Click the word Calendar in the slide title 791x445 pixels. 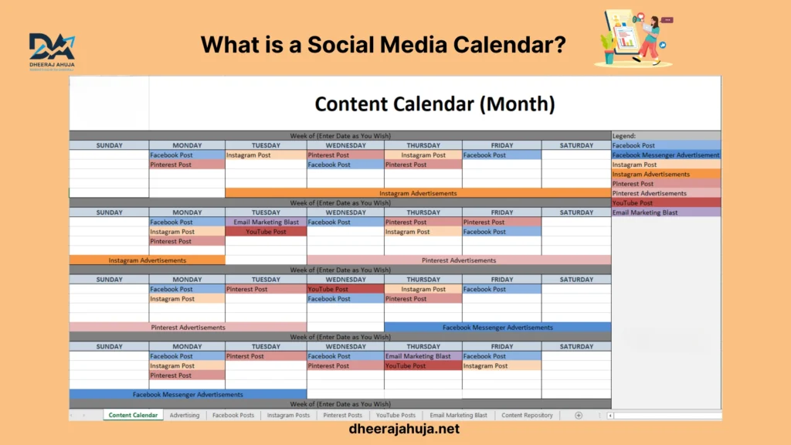click(x=510, y=44)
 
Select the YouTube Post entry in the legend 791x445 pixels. click(x=666, y=203)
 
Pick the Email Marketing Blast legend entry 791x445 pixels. click(x=666, y=212)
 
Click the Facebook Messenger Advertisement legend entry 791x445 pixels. click(x=666, y=155)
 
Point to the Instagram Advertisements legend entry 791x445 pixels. click(x=666, y=174)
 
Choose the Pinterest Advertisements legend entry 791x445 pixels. click(x=666, y=193)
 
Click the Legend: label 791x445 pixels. click(x=624, y=136)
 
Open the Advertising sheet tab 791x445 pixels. click(x=184, y=415)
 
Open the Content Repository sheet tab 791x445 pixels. click(x=527, y=415)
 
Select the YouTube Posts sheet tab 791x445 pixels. click(x=395, y=415)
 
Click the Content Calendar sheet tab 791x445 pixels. click(x=133, y=415)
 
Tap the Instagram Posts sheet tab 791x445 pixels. click(x=288, y=415)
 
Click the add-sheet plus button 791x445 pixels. click(x=579, y=415)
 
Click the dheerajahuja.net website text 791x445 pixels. click(x=404, y=429)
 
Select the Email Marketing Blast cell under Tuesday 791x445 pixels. click(x=266, y=222)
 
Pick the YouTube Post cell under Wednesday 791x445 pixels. click(x=345, y=289)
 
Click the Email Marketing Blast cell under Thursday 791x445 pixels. click(x=423, y=356)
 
